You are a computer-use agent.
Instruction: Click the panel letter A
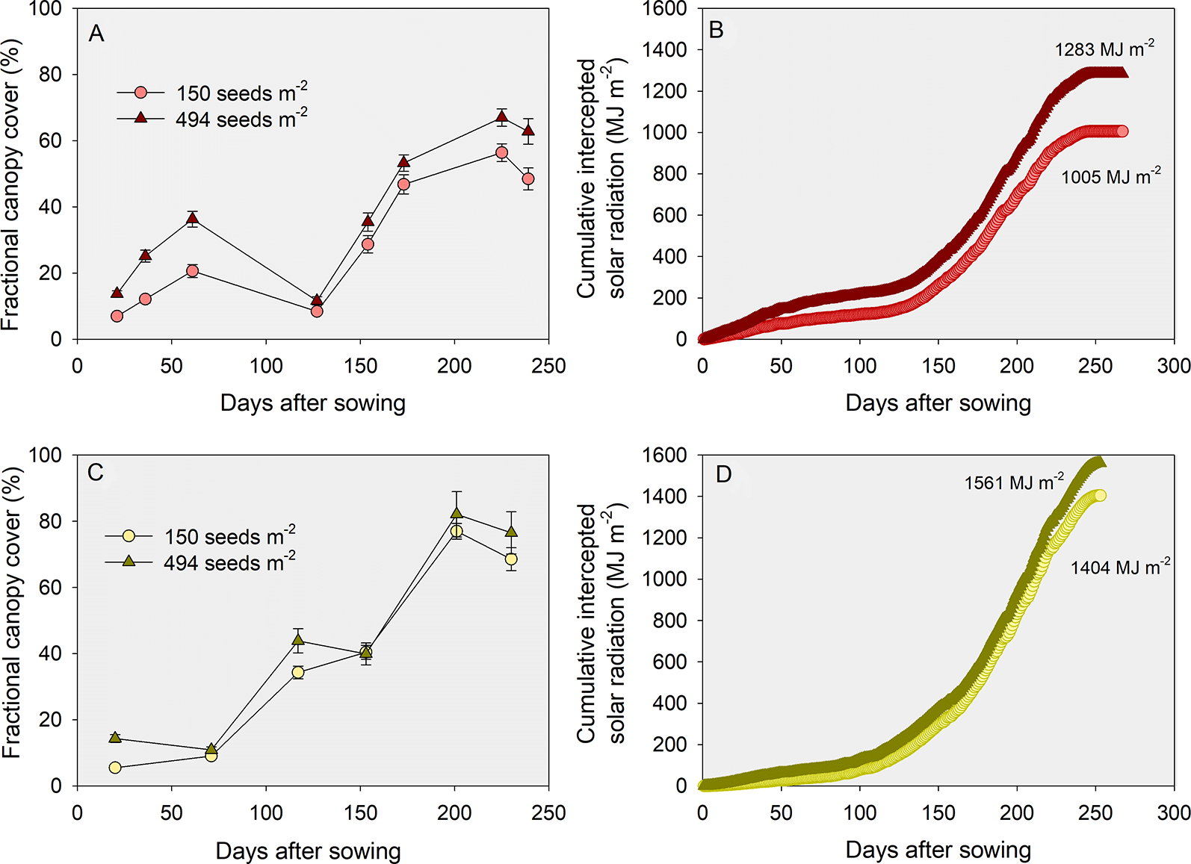click(x=96, y=34)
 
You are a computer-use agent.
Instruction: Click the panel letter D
click(x=723, y=475)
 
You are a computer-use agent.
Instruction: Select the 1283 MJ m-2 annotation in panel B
click(x=1104, y=49)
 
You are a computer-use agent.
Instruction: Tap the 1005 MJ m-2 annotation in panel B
click(x=1110, y=177)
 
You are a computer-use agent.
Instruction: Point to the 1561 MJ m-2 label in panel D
click(x=1013, y=482)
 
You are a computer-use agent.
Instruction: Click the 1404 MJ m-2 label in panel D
click(x=1119, y=568)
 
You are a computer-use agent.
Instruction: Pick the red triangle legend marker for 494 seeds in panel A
click(x=140, y=117)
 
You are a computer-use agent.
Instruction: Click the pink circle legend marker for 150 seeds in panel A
click(x=140, y=93)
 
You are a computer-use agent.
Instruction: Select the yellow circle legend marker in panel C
click(x=129, y=535)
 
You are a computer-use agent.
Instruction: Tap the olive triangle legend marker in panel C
click(x=129, y=561)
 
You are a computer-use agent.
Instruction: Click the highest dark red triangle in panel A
click(x=501, y=116)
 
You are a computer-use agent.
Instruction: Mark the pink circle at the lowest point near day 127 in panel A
click(x=317, y=311)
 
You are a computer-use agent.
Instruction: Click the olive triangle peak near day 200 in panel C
click(x=457, y=513)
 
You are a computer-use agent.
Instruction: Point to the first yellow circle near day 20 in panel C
click(x=115, y=768)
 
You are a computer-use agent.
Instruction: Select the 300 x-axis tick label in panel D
click(x=1173, y=812)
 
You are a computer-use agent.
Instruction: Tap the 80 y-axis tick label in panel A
click(x=51, y=75)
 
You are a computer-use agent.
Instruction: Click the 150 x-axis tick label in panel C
click(x=360, y=812)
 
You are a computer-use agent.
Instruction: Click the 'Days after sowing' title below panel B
click(x=938, y=403)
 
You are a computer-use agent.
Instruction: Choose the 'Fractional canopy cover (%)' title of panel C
click(x=12, y=612)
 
